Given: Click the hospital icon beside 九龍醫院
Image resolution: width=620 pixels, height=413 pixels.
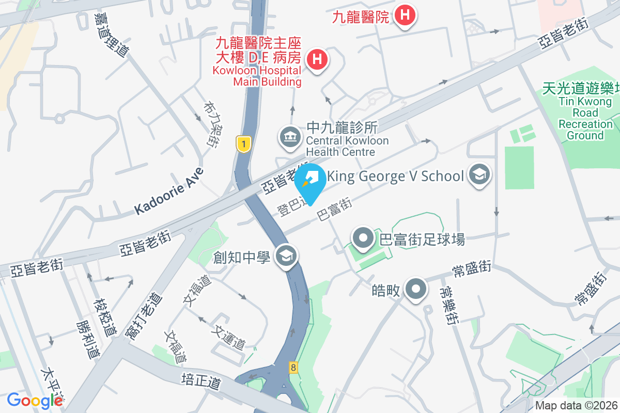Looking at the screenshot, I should tap(406, 15).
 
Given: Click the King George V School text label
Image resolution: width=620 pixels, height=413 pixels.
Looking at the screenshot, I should tap(396, 176).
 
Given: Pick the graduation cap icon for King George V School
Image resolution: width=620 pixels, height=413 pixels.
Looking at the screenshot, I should tap(479, 176).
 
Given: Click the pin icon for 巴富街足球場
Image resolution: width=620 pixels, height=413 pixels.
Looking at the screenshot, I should tap(363, 239).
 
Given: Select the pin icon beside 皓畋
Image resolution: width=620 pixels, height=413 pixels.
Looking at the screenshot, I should tap(416, 290).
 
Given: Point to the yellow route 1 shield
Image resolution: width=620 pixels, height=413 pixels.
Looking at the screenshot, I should tap(243, 144).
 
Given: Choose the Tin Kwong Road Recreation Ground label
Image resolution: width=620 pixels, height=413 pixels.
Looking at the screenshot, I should tap(585, 112).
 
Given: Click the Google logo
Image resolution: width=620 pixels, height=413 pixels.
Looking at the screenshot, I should tap(35, 400).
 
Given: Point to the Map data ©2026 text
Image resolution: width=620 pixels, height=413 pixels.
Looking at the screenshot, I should tap(577, 406).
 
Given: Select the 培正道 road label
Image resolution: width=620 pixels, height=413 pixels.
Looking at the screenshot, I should tap(201, 383).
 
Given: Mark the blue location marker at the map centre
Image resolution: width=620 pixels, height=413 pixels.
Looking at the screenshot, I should tap(310, 182).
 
